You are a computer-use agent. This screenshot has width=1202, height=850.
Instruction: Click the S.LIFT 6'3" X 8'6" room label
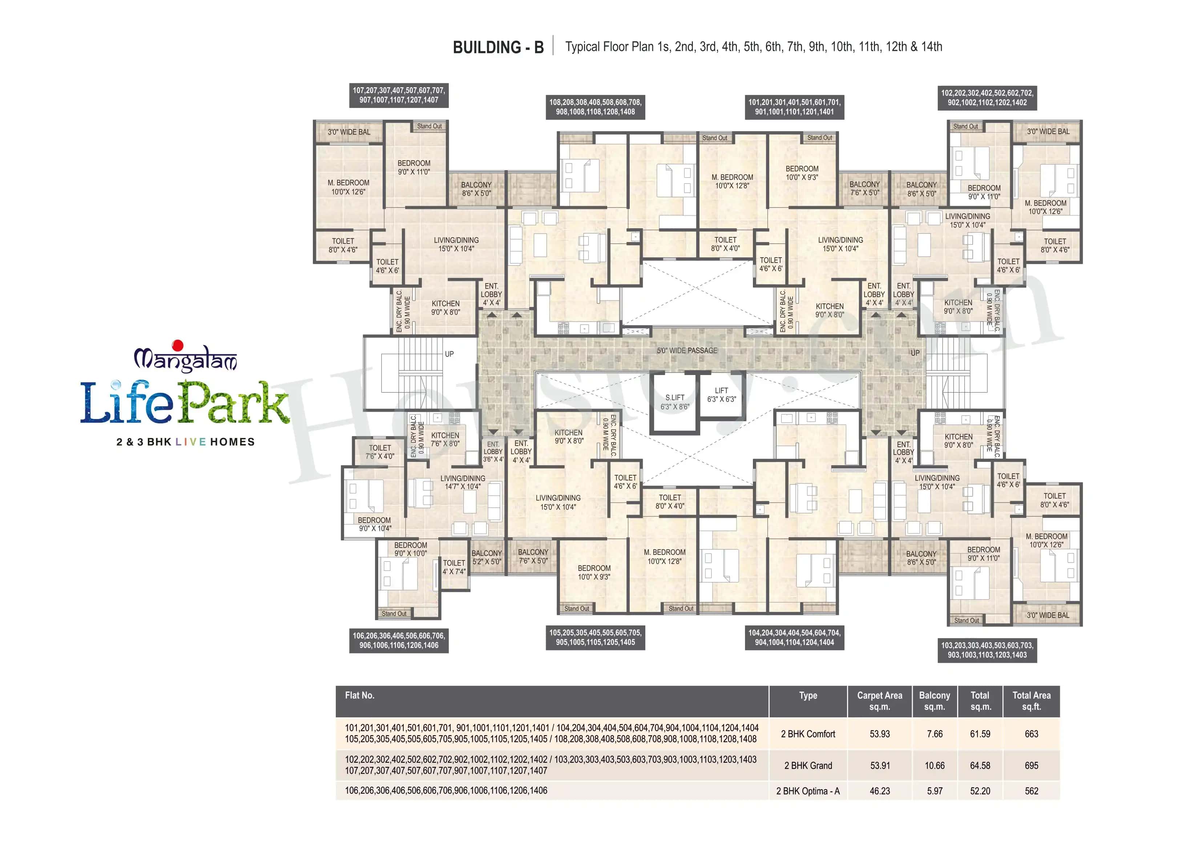coord(674,402)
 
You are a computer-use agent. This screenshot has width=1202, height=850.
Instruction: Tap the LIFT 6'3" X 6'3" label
coord(721,394)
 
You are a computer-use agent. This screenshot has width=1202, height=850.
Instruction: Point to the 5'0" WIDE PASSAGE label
coord(687,350)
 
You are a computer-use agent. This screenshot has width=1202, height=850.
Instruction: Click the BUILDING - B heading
coord(498,47)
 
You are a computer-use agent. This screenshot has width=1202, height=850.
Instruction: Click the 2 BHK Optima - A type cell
coord(807,791)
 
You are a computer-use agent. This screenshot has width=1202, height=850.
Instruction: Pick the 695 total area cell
coord(1031,765)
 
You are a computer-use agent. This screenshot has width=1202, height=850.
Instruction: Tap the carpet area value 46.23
coord(879,791)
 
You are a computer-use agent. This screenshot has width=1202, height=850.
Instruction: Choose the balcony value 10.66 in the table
coord(935,765)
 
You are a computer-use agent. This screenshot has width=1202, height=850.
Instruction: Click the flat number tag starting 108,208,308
coord(595,107)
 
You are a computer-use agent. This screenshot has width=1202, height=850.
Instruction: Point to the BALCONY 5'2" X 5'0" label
coord(486,557)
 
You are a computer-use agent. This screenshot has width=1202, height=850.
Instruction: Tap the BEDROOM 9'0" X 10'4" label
coord(374,524)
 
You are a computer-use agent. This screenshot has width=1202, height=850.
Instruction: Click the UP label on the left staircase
coord(449,354)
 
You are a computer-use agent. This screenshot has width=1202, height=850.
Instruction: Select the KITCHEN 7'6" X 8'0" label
coord(445,439)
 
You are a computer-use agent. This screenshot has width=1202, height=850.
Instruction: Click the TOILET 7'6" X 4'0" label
coord(380,451)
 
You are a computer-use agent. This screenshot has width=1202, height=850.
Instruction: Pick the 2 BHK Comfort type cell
coord(807,734)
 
